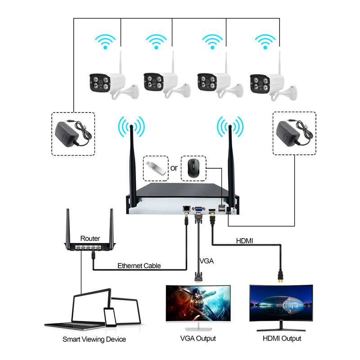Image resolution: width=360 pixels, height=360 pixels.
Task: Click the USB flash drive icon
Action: (x=156, y=168)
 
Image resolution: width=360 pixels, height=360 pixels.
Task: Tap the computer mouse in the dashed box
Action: (x=193, y=168)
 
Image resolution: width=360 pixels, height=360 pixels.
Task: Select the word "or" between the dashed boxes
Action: (x=174, y=168)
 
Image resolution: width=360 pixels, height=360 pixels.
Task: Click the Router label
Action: (x=90, y=238)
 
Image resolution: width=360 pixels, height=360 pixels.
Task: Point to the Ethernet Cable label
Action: (x=139, y=265)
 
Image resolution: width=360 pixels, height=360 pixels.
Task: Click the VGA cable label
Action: (x=207, y=261)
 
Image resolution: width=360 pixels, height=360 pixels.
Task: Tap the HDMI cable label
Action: (x=244, y=241)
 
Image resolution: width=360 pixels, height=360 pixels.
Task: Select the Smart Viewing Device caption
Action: (x=94, y=339)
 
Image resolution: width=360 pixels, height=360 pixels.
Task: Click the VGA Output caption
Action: (x=198, y=338)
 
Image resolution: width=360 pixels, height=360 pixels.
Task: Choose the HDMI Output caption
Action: (x=282, y=338)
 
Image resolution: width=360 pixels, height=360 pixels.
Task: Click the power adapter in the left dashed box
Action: (x=73, y=134)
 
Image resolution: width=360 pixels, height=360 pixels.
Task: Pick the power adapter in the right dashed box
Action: (x=294, y=133)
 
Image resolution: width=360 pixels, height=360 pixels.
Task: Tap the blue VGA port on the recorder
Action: (x=198, y=209)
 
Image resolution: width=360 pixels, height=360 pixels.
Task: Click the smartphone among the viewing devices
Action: (x=110, y=317)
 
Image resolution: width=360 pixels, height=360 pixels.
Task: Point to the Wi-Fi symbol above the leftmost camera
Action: (x=105, y=41)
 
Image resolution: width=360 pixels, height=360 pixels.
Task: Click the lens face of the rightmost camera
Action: (x=260, y=84)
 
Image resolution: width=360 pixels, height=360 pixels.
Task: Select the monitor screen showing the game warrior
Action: (x=198, y=303)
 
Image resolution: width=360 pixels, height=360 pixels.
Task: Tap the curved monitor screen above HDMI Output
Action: (x=281, y=302)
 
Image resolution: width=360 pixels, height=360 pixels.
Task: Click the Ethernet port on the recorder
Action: (x=187, y=209)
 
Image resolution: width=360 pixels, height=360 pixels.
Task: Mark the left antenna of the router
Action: (x=68, y=227)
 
